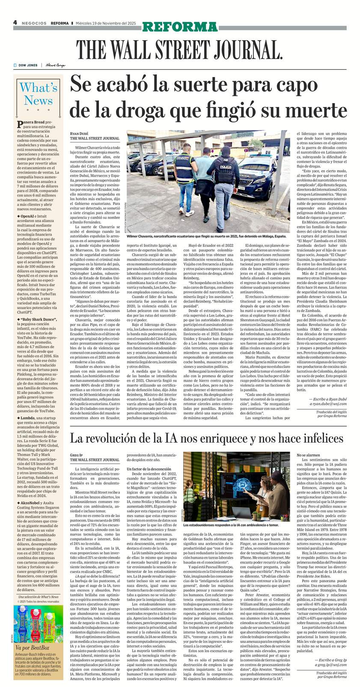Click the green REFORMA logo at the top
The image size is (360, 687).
[x=180, y=27]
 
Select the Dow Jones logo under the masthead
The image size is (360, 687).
[x=26, y=65]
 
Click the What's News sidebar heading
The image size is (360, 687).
[x=38, y=94]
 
